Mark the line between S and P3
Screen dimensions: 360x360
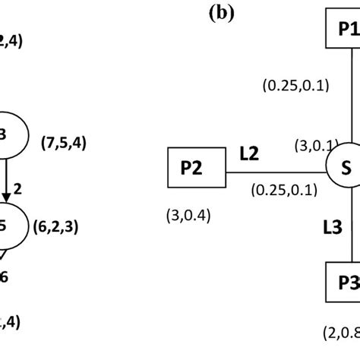350,228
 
